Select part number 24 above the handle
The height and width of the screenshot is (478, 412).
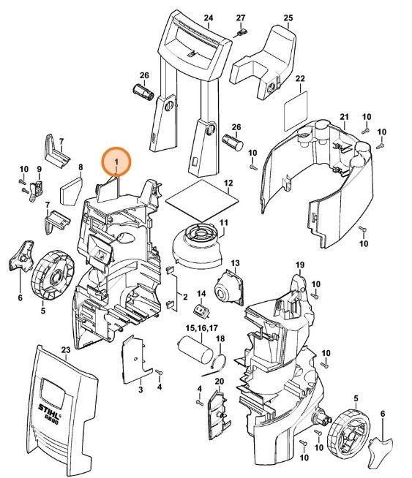(208, 17)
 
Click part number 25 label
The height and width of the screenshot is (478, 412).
(288, 17)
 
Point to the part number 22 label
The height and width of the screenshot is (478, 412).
(299, 78)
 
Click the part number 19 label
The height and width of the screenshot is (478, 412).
(299, 264)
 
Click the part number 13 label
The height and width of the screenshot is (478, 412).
(235, 262)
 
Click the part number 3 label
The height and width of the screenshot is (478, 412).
(139, 391)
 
